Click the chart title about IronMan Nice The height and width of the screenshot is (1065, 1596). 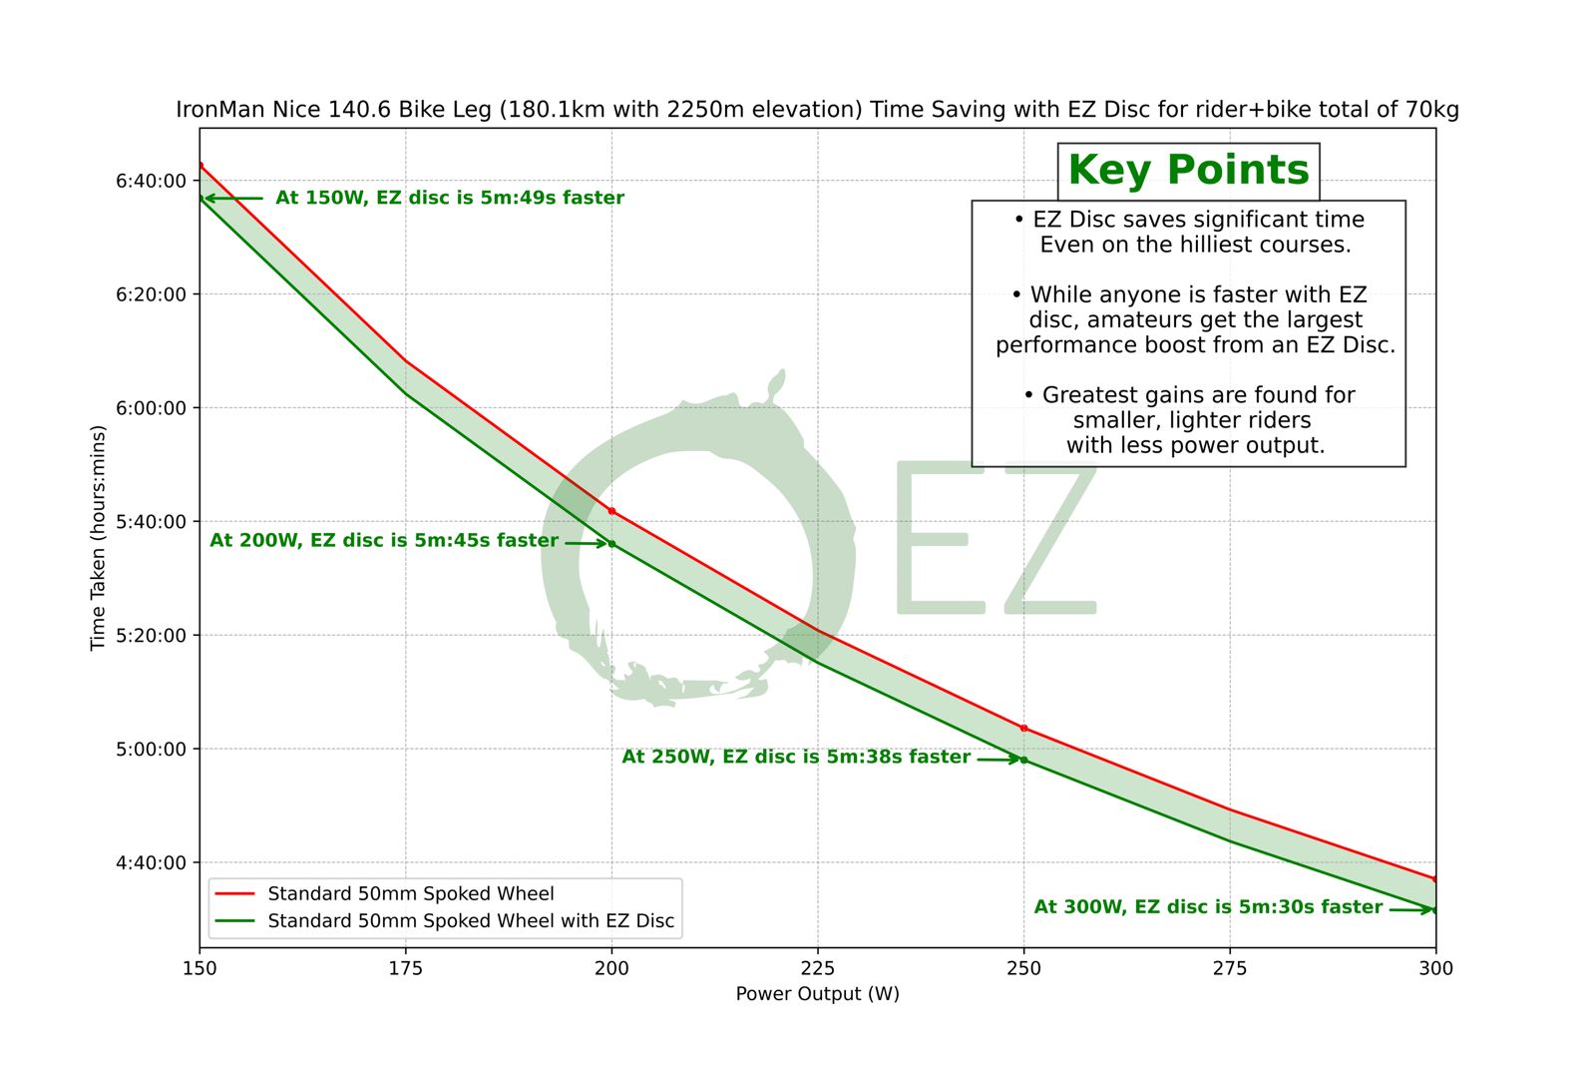[817, 110]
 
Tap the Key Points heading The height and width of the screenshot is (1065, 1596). [1188, 171]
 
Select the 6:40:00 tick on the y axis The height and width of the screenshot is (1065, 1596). [151, 181]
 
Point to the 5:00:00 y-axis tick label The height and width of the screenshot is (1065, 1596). [151, 750]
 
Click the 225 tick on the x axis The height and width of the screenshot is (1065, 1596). [817, 968]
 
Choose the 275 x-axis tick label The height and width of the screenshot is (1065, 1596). [1229, 968]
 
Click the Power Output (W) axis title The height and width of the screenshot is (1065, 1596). [817, 994]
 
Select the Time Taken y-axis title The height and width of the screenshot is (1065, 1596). [98, 538]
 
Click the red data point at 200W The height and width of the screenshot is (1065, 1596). [611, 511]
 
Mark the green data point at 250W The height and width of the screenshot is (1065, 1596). [1023, 761]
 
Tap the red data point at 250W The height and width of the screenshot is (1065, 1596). [1023, 729]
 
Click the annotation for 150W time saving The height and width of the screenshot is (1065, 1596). [449, 198]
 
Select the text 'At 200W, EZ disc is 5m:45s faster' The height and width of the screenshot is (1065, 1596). [384, 541]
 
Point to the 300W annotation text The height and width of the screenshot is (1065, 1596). [1208, 907]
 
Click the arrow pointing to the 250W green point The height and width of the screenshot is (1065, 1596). [997, 760]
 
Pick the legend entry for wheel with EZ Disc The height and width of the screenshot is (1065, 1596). [471, 921]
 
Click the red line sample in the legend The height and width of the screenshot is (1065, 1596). [235, 893]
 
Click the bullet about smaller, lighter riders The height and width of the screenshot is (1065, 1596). [1189, 420]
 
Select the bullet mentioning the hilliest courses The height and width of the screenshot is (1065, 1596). [1189, 232]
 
